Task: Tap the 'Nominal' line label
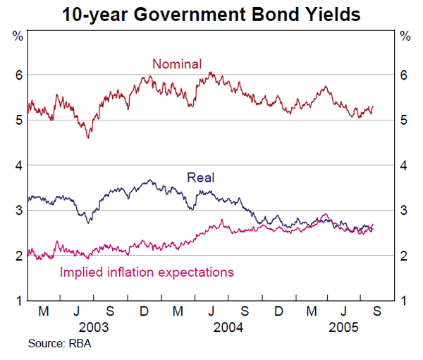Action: (177, 64)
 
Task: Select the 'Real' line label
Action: (200, 178)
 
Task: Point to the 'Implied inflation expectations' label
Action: (147, 271)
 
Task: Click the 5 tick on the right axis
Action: (404, 120)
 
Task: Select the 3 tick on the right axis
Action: (404, 211)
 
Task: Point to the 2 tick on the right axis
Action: (404, 256)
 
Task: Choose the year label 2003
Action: (94, 328)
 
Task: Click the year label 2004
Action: (228, 328)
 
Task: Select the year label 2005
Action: (341, 328)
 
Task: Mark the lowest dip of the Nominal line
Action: (87, 137)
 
